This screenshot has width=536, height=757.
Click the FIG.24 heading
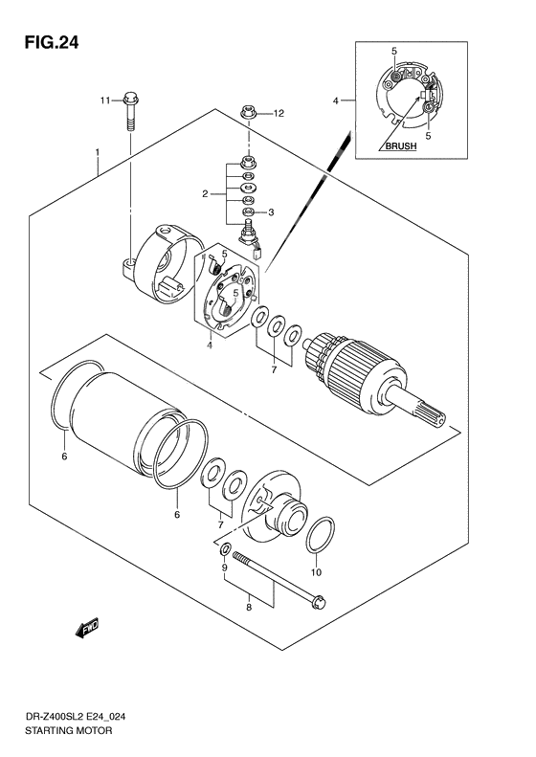pyautogui.click(x=44, y=43)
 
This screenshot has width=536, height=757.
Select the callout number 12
pyautogui.click(x=279, y=114)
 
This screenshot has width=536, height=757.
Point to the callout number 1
pyautogui.click(x=98, y=153)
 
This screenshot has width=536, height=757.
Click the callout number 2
pyautogui.click(x=205, y=194)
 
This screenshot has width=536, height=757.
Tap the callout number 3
pyautogui.click(x=272, y=212)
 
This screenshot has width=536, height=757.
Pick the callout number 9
pyautogui.click(x=225, y=568)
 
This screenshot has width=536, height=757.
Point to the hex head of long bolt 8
pyautogui.click(x=319, y=602)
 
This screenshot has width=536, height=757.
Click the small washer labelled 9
pyautogui.click(x=225, y=551)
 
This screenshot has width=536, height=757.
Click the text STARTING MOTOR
pyautogui.click(x=69, y=730)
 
